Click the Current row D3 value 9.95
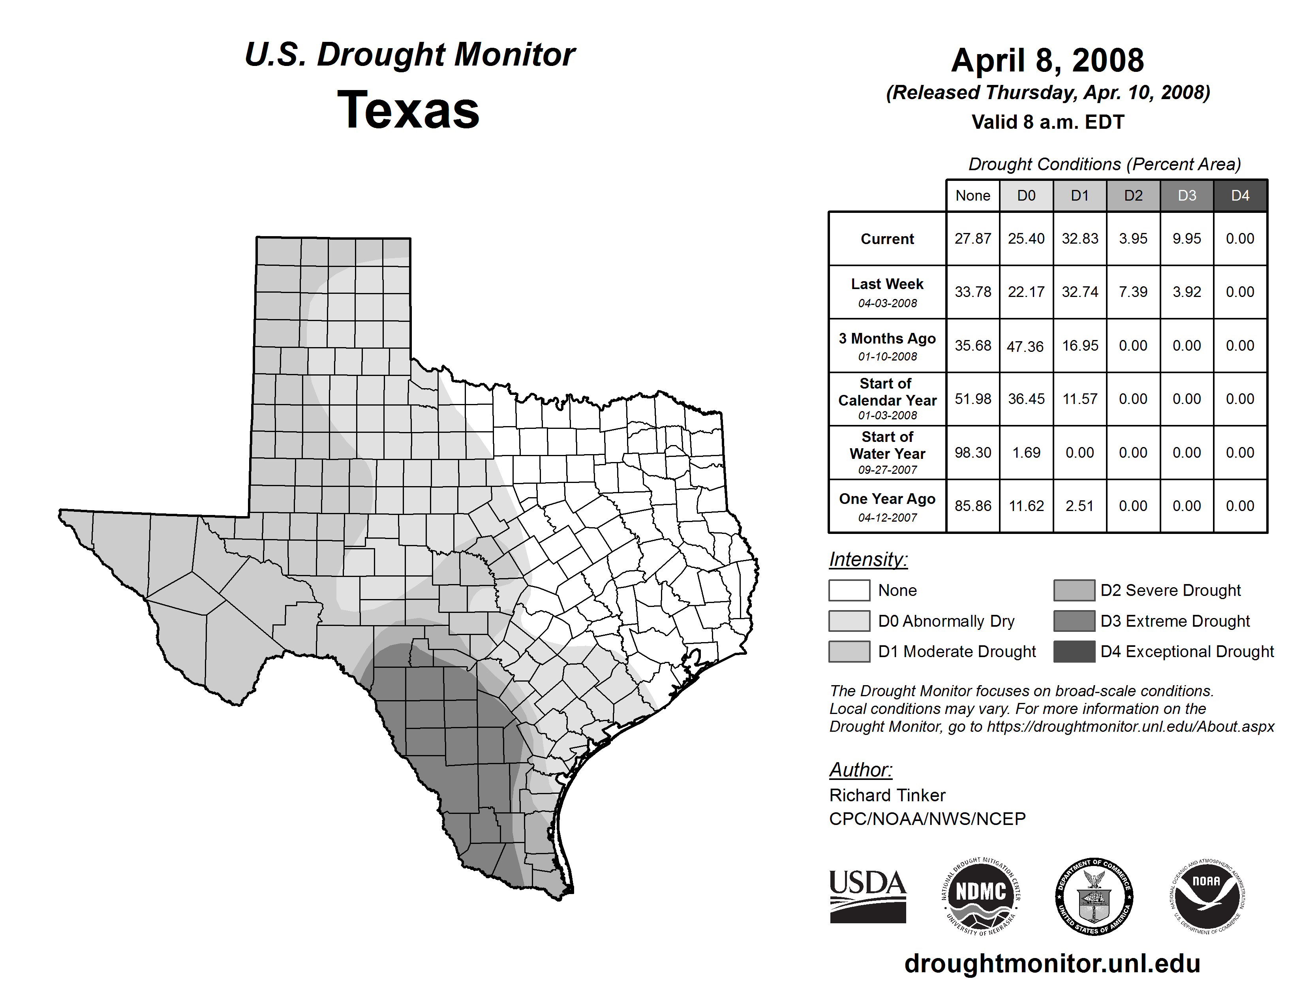[1187, 239]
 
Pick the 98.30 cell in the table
[973, 453]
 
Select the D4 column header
[1240, 195]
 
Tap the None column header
[973, 195]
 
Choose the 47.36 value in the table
[1025, 346]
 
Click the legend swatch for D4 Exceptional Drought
[1074, 652]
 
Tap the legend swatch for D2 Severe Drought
[1074, 590]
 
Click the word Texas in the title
[408, 110]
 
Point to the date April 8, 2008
[1048, 60]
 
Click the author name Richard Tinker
[887, 795]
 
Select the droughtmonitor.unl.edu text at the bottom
[1052, 964]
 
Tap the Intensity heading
[868, 560]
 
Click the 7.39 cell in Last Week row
[1133, 292]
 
